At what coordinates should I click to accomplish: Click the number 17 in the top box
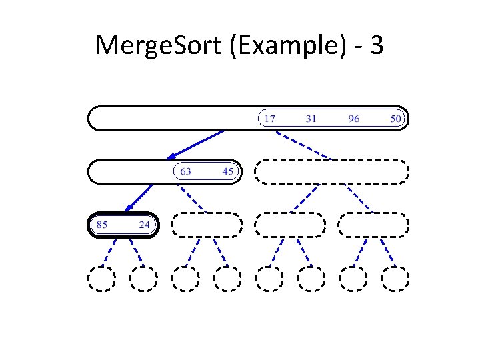click(x=269, y=119)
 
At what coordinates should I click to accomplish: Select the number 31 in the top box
click(x=311, y=119)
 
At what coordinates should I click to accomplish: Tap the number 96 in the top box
click(x=353, y=119)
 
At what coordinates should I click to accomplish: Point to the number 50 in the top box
click(x=395, y=119)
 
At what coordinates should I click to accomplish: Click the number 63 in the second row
click(x=185, y=171)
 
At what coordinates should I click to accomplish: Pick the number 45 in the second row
click(x=228, y=171)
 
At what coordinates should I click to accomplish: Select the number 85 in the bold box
click(x=102, y=225)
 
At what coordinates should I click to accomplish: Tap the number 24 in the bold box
click(x=144, y=225)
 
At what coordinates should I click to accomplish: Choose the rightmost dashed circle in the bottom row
click(x=395, y=279)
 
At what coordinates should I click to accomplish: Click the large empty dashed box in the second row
click(x=331, y=171)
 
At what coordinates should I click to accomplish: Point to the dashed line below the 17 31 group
click(x=303, y=145)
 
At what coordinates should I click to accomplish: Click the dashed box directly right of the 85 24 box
click(x=206, y=225)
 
